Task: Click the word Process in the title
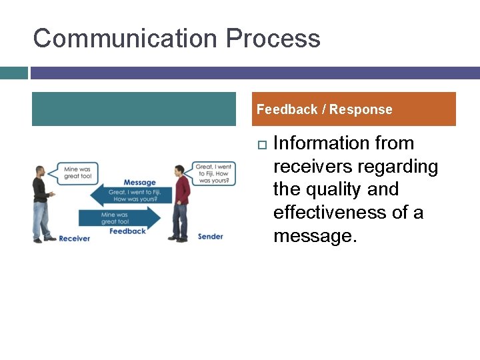[273, 39]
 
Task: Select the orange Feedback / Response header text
[325, 109]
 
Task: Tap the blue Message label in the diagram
[139, 183]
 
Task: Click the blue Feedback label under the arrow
[127, 231]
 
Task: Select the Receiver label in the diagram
[74, 238]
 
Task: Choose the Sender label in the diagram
[210, 237]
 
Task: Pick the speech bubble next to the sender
[213, 173]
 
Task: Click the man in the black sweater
[43, 202]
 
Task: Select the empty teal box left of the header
[134, 109]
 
